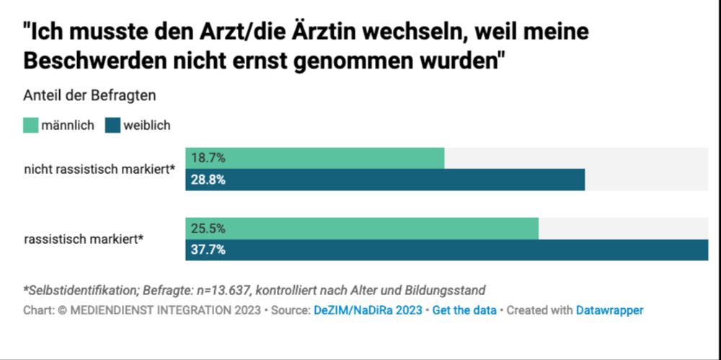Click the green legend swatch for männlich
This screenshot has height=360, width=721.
click(30, 126)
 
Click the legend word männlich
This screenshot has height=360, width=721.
click(68, 126)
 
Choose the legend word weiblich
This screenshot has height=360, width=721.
click(147, 126)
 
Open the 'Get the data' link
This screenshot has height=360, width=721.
click(464, 310)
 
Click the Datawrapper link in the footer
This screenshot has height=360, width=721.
click(609, 310)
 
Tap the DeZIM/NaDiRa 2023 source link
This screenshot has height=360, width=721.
click(368, 310)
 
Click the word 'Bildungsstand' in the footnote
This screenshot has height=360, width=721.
click(446, 290)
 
